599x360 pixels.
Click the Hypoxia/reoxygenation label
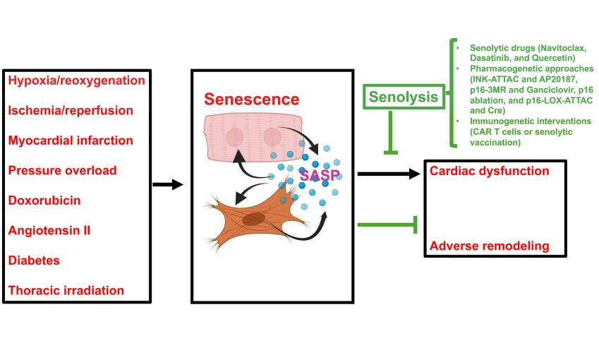click(76, 80)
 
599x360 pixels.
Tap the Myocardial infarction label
click(71, 140)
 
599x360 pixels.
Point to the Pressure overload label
click(62, 170)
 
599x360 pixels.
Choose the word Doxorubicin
click(44, 200)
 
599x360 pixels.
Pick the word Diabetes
click(34, 260)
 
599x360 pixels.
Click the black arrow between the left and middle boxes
click(167, 185)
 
